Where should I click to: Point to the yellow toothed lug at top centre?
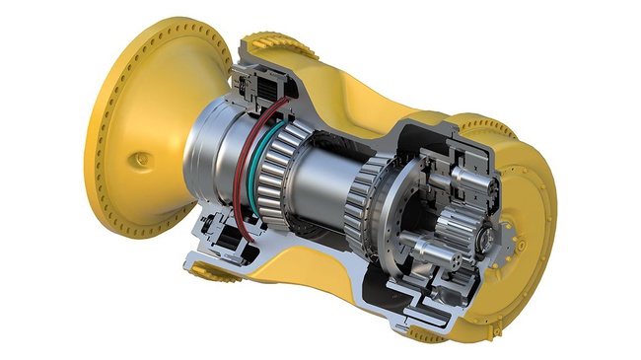pos(266,44)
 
